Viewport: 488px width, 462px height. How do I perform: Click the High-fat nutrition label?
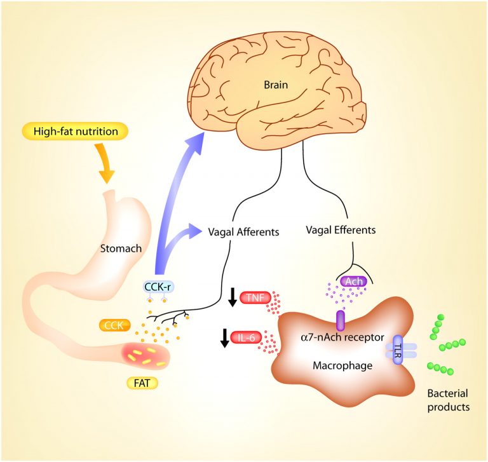coord(75,131)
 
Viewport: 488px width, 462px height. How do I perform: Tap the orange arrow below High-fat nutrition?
coord(105,163)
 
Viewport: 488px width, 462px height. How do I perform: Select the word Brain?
coord(276,85)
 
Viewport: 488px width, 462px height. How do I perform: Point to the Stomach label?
coord(121,248)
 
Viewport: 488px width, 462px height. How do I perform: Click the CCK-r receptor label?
coord(158,287)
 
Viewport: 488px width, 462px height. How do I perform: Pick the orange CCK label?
coord(114,325)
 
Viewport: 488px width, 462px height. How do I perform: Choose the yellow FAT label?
coord(142,383)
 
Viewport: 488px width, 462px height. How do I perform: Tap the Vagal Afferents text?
coord(243,232)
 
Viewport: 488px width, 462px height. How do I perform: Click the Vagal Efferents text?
coord(341,230)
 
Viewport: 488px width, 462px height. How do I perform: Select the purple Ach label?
coord(354,282)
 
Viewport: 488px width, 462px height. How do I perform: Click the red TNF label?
coord(256,298)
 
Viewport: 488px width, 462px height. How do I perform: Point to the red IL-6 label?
coord(246,337)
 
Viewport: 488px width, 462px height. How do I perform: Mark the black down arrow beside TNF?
coord(233,297)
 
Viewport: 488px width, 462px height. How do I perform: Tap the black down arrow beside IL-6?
coord(224,338)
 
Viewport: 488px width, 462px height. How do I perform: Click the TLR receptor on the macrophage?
coord(398,350)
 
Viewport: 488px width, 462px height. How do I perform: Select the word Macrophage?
coord(342,365)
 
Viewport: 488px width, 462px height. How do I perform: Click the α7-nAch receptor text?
coord(342,337)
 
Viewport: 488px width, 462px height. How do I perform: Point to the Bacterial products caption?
coord(448,400)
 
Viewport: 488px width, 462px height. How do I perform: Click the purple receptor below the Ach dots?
coord(341,321)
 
